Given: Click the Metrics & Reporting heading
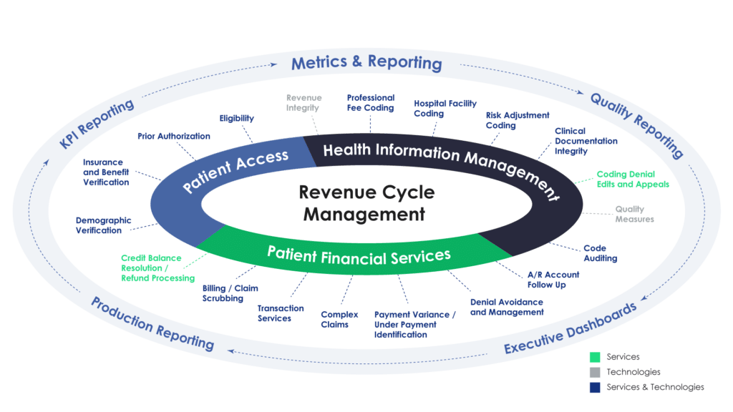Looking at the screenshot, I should [366, 62].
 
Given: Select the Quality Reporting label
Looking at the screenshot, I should [636, 125].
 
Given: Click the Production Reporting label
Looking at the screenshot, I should [152, 323].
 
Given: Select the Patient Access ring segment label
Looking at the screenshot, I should [236, 171].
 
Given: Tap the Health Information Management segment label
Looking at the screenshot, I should [440, 165].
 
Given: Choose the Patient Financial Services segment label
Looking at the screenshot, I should [359, 254].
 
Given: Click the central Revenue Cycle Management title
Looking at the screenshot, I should [366, 203].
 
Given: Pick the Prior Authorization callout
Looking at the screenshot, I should [174, 135].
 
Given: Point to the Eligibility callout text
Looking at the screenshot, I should [237, 117].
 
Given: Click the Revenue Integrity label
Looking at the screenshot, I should [304, 102].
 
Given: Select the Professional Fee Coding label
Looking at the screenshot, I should [371, 102].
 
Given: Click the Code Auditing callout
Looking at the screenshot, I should [600, 253].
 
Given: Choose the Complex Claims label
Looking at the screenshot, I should [334, 319].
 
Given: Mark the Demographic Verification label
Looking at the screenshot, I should [103, 225].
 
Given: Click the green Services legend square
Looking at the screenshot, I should [593, 356].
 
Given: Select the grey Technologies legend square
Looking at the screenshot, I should [593, 372].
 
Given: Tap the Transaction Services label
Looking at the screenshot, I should [280, 313].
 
